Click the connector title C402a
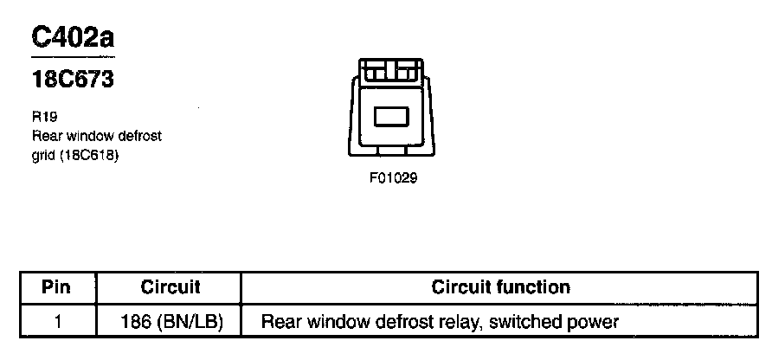[73, 38]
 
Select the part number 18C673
[73, 80]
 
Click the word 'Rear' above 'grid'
[46, 137]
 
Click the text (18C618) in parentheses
[88, 157]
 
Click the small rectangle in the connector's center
[391, 116]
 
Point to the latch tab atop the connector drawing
[391, 71]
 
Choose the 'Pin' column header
[56, 287]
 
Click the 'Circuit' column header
[170, 287]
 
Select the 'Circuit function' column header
[500, 287]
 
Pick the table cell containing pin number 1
[57, 323]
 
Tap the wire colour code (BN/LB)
[189, 323]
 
